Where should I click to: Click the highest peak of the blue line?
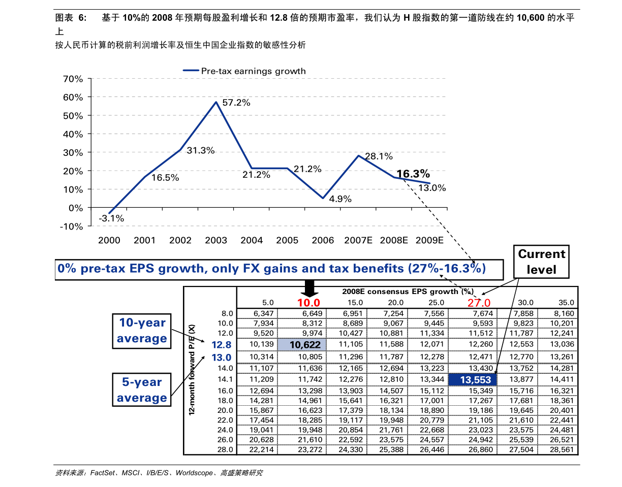click(x=216, y=102)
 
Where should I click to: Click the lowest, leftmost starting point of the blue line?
click(x=109, y=213)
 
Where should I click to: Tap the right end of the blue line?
click(x=430, y=183)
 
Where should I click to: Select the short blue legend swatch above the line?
click(x=191, y=70)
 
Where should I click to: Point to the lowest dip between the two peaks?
click(x=323, y=198)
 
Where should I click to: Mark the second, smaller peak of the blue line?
click(x=359, y=155)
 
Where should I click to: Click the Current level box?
click(x=541, y=262)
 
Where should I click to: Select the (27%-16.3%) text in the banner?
click(x=447, y=269)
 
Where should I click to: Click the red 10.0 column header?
click(x=308, y=303)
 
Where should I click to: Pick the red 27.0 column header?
click(x=479, y=303)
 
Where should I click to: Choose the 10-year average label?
click(x=142, y=331)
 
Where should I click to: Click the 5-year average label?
click(x=142, y=390)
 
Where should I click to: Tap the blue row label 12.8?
click(x=222, y=345)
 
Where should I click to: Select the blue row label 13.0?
click(x=222, y=358)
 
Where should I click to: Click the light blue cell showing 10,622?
click(x=302, y=345)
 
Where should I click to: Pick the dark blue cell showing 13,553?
click(x=472, y=379)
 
